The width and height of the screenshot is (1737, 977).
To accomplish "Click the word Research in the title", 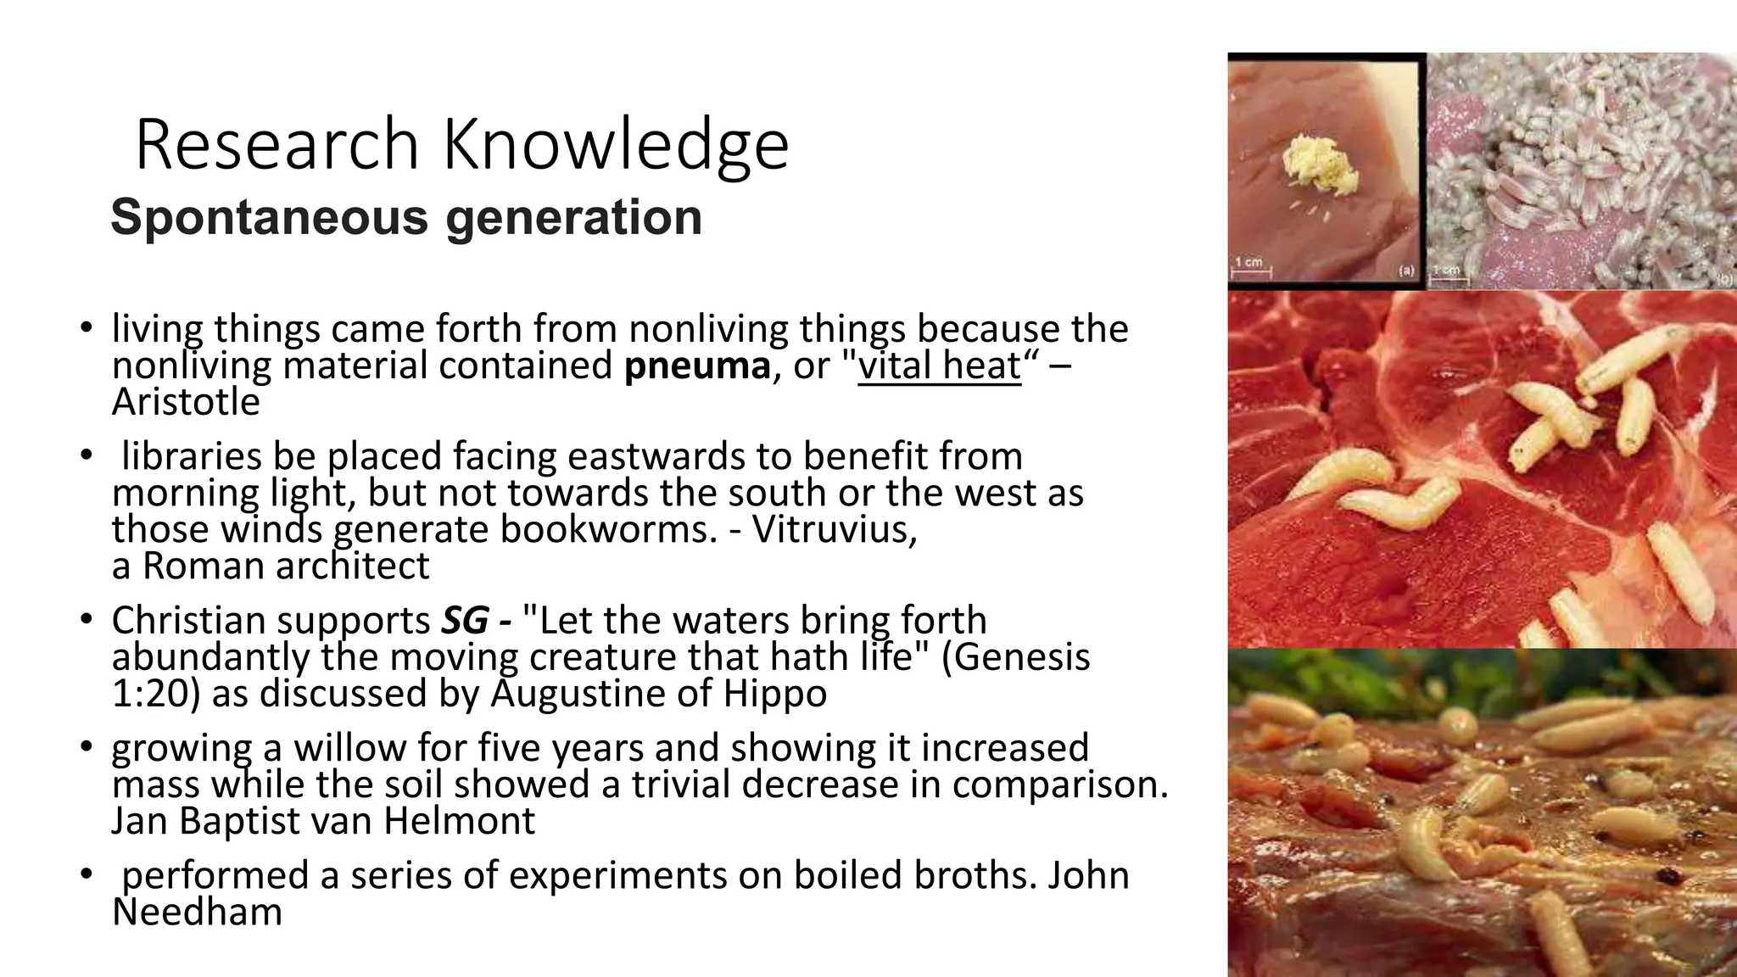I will (x=276, y=145).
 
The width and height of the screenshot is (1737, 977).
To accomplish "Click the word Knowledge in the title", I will (x=616, y=145).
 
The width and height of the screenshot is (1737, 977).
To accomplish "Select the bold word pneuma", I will (x=697, y=366).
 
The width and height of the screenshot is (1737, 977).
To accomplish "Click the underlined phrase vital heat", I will (x=940, y=366).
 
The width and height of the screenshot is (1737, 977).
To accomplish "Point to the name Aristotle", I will (x=186, y=402).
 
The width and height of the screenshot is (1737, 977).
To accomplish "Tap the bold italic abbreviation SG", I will (x=465, y=621).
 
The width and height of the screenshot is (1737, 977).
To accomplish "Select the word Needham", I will (x=197, y=913).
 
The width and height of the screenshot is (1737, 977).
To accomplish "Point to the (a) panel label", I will (x=1406, y=271).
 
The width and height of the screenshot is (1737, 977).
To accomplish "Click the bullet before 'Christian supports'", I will (x=85, y=621).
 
